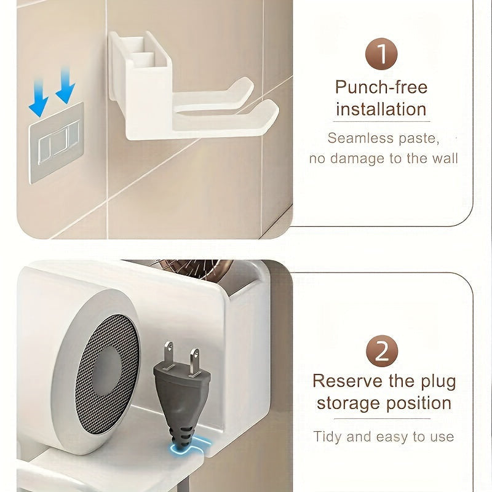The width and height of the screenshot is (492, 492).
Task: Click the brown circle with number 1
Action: tap(381, 54)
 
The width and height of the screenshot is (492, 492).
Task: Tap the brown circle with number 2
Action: tap(382, 351)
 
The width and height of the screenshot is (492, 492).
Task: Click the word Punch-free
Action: tap(381, 87)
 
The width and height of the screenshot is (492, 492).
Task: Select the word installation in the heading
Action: tap(381, 109)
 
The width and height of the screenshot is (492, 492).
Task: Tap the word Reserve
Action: tap(347, 381)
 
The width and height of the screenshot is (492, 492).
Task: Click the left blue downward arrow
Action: tap(39, 98)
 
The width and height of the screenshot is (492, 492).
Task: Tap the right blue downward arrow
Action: tap(65, 85)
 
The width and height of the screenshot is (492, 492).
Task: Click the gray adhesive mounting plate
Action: tap(57, 143)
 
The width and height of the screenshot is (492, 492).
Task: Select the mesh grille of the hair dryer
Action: tap(107, 375)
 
